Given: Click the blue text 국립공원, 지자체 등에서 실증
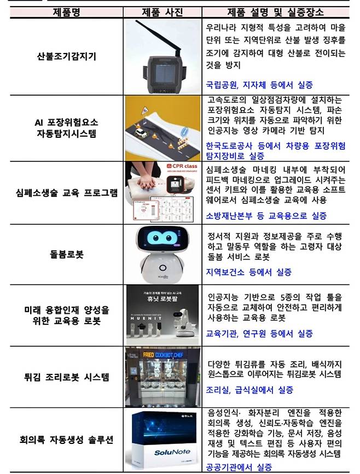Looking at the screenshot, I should point(259,85).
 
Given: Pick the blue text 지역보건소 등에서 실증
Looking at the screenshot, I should point(249,272).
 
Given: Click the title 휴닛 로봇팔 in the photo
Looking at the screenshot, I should point(162,299).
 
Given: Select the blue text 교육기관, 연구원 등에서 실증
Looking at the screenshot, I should point(259,333).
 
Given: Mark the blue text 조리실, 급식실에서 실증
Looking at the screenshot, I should point(249,390).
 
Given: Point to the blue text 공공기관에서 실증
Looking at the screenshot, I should point(238,467).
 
